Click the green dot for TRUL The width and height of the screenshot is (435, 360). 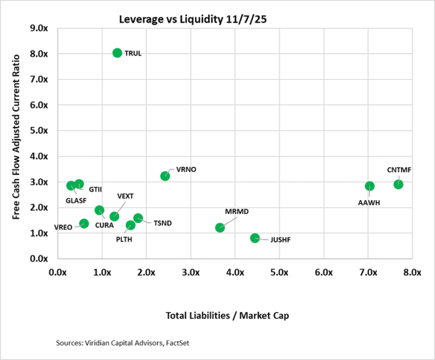[117, 53]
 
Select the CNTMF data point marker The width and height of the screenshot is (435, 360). [398, 184]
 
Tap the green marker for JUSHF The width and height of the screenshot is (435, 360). [254, 238]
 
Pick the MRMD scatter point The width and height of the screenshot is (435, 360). [220, 227]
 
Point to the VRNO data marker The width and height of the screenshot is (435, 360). [165, 176]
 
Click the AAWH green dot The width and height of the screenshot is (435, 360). [370, 186]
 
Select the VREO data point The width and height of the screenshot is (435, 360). [84, 224]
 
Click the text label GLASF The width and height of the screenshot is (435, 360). [76, 200]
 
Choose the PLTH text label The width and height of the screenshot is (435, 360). [125, 239]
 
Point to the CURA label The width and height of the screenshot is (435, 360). [104, 225]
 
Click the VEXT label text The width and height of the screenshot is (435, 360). [125, 196]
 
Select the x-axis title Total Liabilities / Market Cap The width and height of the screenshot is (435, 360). [234, 315]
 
